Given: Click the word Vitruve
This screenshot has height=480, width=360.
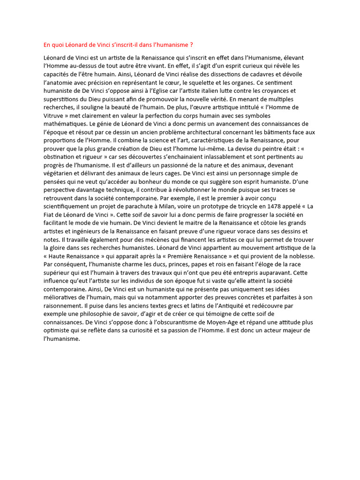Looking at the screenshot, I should (54, 115).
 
